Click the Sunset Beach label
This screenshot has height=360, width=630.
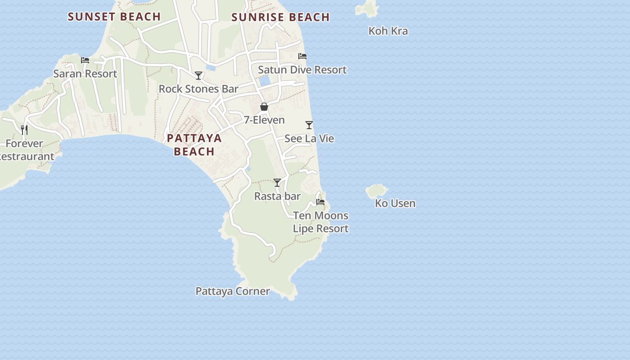pyautogui.click(x=114, y=17)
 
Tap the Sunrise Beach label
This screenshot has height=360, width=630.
pyautogui.click(x=280, y=17)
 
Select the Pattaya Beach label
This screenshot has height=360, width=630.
pyautogui.click(x=194, y=144)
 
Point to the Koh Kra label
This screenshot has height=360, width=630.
pyautogui.click(x=388, y=31)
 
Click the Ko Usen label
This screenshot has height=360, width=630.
pyautogui.click(x=395, y=203)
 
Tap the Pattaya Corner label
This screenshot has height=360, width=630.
pyautogui.click(x=233, y=291)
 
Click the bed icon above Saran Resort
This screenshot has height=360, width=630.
pyautogui.click(x=85, y=60)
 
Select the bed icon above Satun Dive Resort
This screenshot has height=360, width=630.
pyautogui.click(x=302, y=56)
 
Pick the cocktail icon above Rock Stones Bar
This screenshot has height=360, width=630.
pyautogui.click(x=198, y=75)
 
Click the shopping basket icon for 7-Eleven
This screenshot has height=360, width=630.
pyautogui.click(x=264, y=107)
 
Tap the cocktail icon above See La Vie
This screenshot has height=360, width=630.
pyautogui.click(x=309, y=125)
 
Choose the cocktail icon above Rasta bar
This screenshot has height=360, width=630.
pyautogui.click(x=277, y=183)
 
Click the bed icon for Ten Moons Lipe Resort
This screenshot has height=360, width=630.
pyautogui.click(x=320, y=202)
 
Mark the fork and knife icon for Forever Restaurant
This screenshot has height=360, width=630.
pyautogui.click(x=24, y=130)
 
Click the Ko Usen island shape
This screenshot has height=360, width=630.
pyautogui.click(x=376, y=191)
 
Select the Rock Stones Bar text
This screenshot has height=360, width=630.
pyautogui.click(x=198, y=89)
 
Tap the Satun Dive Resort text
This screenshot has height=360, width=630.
pyautogui.click(x=302, y=70)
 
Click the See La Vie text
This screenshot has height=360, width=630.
pyautogui.click(x=309, y=138)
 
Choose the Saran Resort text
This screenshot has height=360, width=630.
pyautogui.click(x=85, y=73)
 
